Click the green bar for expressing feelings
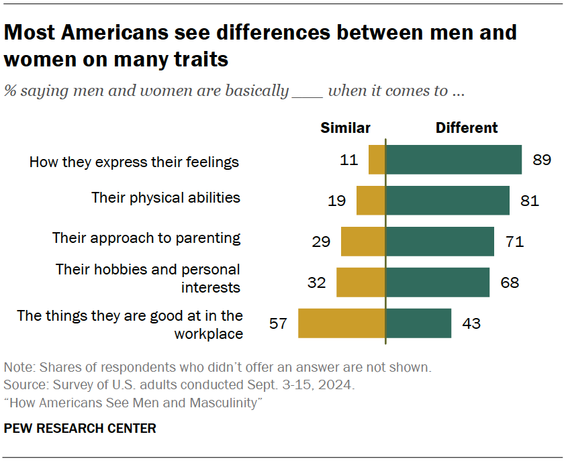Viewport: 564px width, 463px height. [453, 160]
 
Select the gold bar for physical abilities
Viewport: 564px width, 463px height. [371, 200]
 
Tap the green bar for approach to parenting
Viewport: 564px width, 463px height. [440, 241]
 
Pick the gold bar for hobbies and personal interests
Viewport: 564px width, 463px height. [361, 282]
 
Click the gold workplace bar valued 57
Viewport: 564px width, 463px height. [341, 323]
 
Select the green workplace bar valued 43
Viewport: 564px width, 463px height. [418, 323]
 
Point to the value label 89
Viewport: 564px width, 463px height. [541, 160]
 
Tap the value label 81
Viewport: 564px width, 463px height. [529, 200]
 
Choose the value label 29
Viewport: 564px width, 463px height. [321, 241]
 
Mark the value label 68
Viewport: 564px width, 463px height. [510, 282]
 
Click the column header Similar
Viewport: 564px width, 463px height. [345, 127]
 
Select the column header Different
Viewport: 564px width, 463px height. [467, 127]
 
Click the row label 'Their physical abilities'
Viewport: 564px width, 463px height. [166, 197]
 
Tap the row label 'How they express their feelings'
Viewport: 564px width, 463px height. [134, 162]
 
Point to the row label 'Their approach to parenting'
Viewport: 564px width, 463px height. [146, 238]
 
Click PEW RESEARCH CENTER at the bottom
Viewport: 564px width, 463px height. [80, 428]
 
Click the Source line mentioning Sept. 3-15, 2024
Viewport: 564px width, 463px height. [179, 385]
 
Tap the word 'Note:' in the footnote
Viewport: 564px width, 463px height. [20, 368]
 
